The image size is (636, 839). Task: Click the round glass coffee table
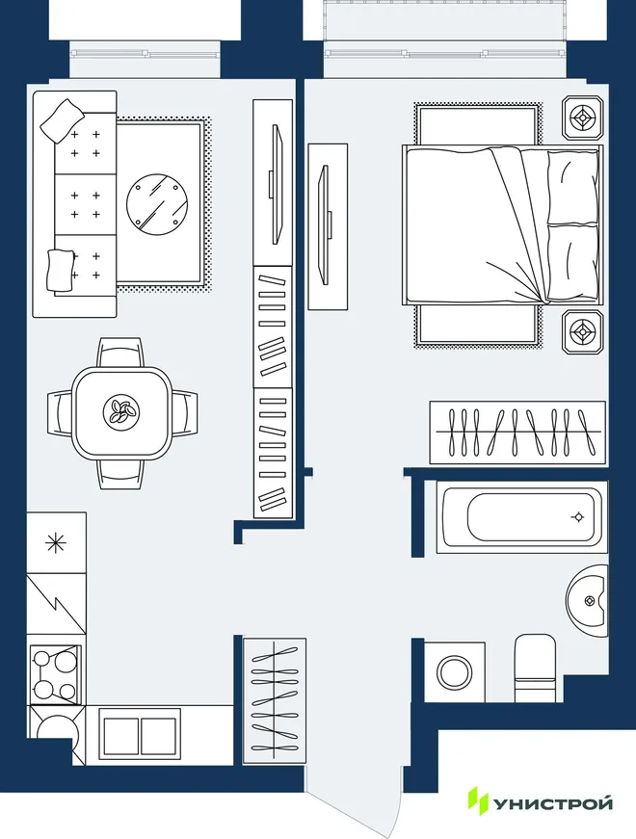(x=157, y=203)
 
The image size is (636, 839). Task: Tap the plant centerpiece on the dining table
(x=121, y=412)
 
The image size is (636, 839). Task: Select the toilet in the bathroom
(x=535, y=668)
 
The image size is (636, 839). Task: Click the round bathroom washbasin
(x=587, y=600)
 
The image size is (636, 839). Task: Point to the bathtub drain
(x=577, y=517)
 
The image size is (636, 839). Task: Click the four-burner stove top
(x=56, y=674)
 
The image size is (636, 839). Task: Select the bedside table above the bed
(x=582, y=118)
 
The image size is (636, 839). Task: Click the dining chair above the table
(x=120, y=353)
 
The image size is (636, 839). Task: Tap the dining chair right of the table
(x=184, y=412)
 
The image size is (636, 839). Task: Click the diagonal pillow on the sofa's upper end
(x=63, y=121)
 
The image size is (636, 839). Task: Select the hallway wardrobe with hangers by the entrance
(x=275, y=700)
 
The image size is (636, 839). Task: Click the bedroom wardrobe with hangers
(x=517, y=433)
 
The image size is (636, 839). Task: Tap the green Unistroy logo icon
(x=478, y=801)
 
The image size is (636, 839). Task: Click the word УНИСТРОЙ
(x=553, y=803)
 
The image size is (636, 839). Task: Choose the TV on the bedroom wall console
(x=325, y=225)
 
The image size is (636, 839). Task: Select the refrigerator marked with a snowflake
(x=56, y=543)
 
